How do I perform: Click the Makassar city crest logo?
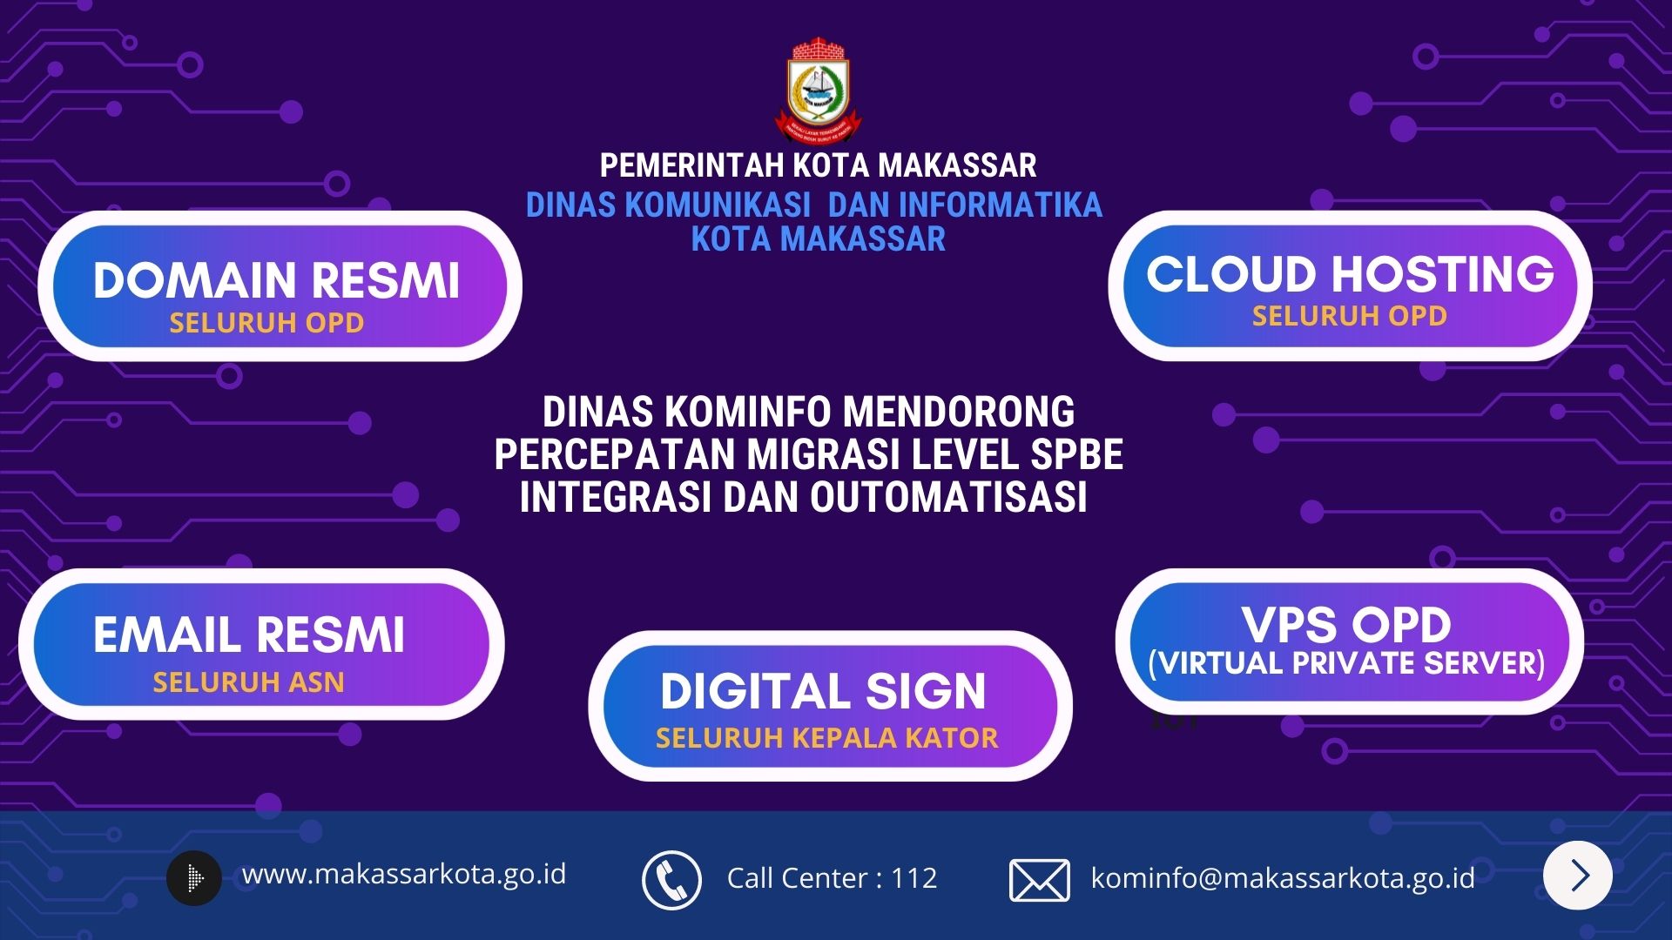point(818,91)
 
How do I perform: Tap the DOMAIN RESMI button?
point(280,285)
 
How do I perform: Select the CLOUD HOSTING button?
point(1350,285)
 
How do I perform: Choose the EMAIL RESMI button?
point(261,644)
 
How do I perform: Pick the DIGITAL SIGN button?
point(830,706)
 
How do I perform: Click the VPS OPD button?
point(1349,641)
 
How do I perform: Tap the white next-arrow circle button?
point(1577,875)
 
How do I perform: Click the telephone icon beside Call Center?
point(671,880)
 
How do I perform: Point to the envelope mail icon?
point(1039,880)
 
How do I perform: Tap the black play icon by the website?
point(194,877)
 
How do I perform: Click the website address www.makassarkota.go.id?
point(404,874)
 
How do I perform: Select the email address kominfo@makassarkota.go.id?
point(1283,878)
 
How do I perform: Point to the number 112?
point(914,878)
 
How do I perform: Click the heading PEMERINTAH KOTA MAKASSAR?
point(818,165)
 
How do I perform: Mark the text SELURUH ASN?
point(249,681)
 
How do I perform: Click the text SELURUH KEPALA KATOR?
point(826,738)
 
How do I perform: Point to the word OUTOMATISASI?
point(949,498)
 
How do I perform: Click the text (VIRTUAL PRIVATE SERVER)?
point(1346,663)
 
